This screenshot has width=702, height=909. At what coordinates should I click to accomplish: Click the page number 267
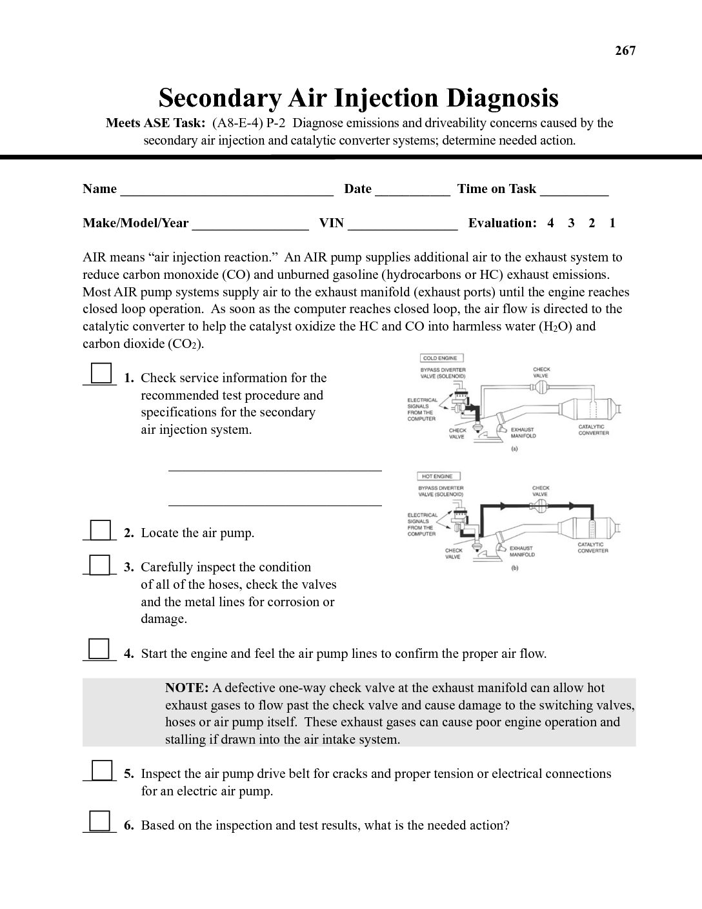click(625, 51)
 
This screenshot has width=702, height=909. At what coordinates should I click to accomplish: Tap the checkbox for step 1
click(100, 373)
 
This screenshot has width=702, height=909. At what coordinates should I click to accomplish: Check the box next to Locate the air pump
click(99, 529)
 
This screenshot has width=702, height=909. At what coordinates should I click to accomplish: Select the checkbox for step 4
click(99, 648)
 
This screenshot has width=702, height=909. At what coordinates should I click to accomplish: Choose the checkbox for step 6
click(99, 820)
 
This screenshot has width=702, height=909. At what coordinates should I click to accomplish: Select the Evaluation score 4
click(550, 223)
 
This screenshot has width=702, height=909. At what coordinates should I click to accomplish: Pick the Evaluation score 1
click(612, 223)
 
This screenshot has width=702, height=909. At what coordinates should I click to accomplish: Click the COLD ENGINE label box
click(441, 358)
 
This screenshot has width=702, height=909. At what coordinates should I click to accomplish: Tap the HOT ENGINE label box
click(438, 476)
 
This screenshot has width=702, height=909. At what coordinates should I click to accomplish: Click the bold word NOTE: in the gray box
click(186, 688)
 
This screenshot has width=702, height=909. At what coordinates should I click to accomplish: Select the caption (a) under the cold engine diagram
click(514, 448)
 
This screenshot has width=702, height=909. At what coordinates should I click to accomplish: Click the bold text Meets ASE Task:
click(155, 123)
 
